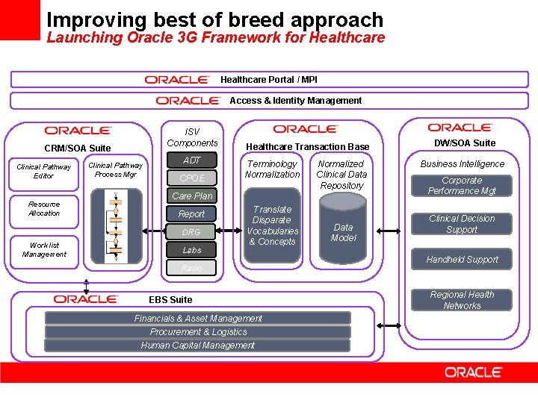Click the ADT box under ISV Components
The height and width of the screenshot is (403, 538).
point(192,160)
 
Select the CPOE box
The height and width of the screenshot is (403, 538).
point(192,178)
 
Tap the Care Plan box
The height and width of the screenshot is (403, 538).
point(192,196)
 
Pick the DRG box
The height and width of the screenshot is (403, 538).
point(192,232)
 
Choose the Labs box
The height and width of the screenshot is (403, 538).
point(192,250)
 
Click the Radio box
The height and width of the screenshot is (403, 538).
point(192,268)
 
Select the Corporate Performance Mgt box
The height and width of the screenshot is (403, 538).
point(461,186)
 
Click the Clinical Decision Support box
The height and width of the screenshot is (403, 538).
point(461,224)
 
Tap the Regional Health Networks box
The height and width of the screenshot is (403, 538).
point(461,300)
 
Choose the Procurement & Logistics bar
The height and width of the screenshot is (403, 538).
point(198,332)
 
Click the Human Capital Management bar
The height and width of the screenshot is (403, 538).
point(198,346)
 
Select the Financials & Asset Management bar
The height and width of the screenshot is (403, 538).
point(198,319)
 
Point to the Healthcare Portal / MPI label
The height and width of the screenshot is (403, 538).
point(268,80)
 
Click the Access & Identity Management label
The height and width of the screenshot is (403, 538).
point(295,101)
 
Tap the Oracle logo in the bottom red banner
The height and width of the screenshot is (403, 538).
point(473,372)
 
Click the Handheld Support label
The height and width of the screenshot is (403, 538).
point(461,260)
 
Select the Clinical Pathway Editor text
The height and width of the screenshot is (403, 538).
point(43,171)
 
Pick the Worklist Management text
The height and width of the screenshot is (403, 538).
point(44,249)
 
